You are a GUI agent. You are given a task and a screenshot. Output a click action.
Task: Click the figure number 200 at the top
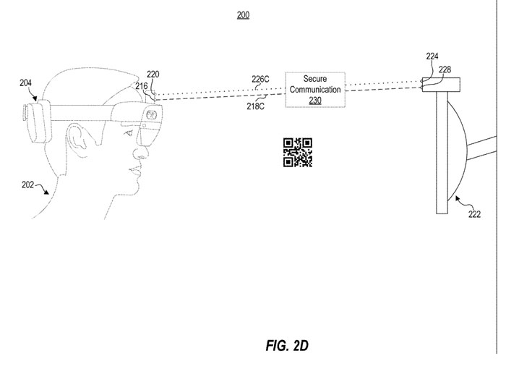242,14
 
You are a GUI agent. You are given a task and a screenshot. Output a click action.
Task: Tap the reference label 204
25,84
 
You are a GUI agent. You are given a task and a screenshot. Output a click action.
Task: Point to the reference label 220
153,74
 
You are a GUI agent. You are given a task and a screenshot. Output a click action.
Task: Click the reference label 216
142,86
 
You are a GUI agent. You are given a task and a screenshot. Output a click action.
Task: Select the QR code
297,153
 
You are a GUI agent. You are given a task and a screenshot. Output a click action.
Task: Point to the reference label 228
445,69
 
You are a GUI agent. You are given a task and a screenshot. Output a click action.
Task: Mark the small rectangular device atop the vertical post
442,85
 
